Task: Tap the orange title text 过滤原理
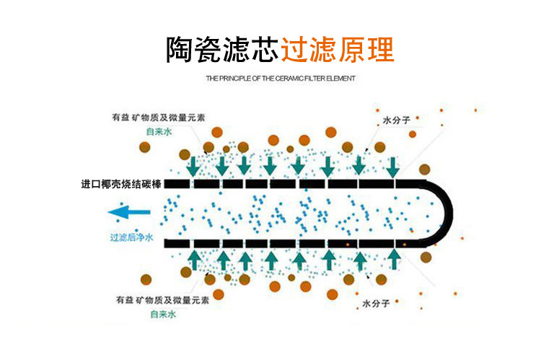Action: (337, 48)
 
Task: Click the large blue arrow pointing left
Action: (129, 212)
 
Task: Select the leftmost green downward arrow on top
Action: (194, 167)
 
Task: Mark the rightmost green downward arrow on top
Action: (392, 167)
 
